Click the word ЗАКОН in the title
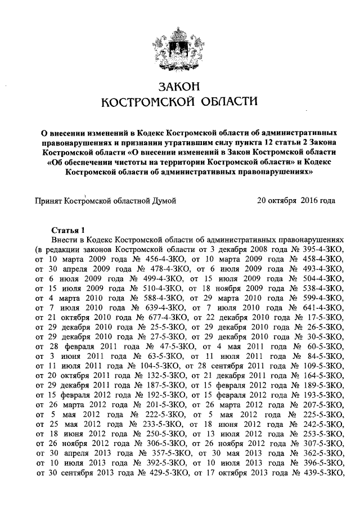179,88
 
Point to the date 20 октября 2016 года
296,200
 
